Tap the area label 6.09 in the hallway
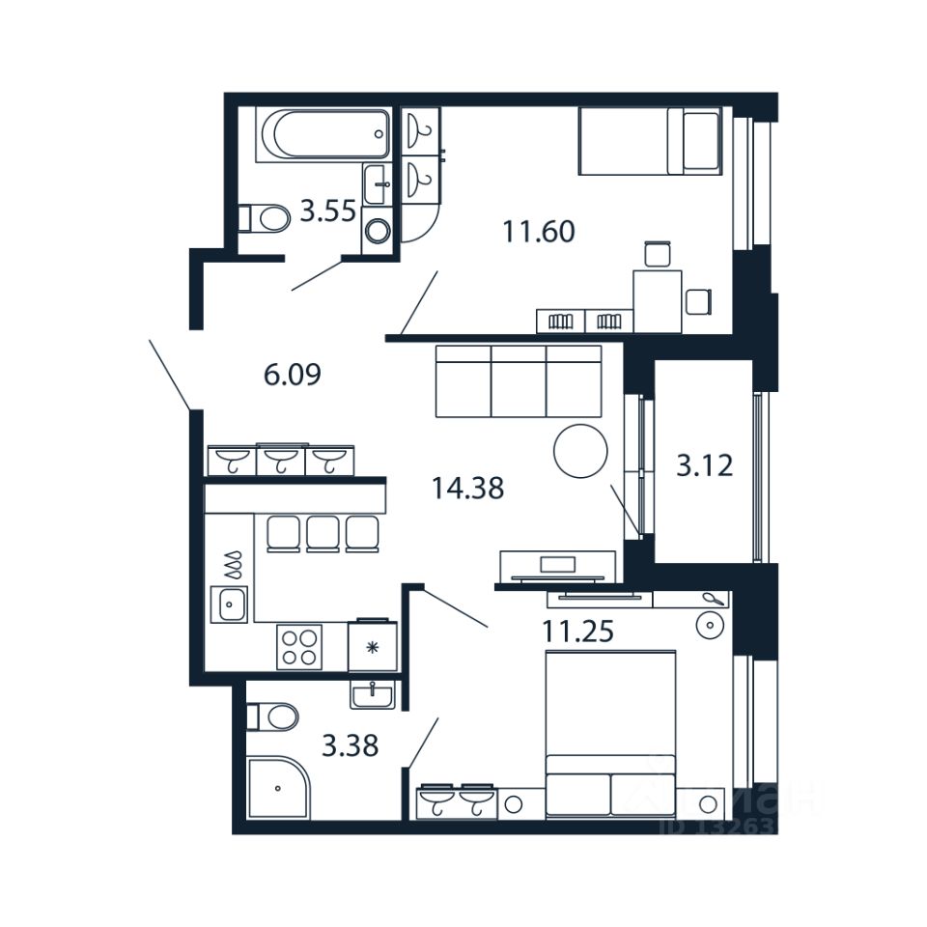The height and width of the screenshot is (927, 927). (292, 373)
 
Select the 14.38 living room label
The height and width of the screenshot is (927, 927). (467, 490)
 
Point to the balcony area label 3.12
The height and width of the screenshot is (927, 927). (704, 467)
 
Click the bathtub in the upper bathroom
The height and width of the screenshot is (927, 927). (323, 134)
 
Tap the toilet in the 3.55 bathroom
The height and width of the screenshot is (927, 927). (266, 218)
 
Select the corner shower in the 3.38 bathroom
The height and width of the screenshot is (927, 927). (276, 788)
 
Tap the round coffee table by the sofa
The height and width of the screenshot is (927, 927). (580, 450)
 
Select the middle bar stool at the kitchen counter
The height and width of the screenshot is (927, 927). (323, 534)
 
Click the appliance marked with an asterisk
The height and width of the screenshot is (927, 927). (373, 644)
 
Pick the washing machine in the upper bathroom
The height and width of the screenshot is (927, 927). (379, 231)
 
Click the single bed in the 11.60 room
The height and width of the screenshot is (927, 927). (649, 141)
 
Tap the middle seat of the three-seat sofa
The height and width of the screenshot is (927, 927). (519, 381)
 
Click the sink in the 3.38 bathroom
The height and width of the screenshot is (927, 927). (373, 694)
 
